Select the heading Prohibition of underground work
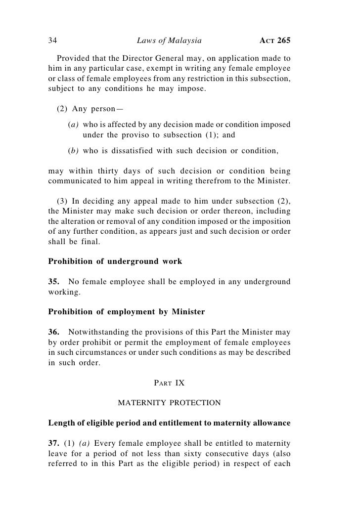(115, 261)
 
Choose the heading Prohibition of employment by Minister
(126, 312)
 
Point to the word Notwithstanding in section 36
(98, 332)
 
